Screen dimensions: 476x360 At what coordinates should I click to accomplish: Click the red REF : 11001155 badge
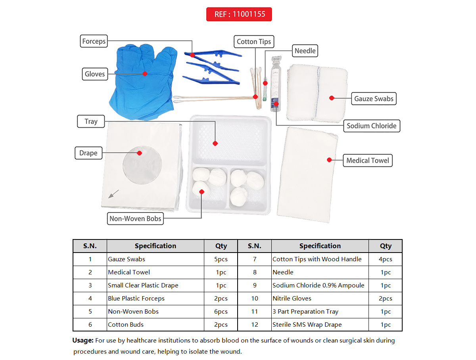pos(239,14)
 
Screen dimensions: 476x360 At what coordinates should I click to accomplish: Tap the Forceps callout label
pos(94,41)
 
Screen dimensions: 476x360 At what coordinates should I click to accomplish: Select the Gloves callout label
pos(95,74)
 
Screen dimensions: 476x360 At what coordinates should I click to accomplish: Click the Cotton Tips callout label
pos(254,41)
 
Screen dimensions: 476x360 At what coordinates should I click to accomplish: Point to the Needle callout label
pos(305,51)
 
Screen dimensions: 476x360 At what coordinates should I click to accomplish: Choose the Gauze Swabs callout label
pos(374,99)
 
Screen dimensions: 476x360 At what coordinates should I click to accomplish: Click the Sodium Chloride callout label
pos(371,126)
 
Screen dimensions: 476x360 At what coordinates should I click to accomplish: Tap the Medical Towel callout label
pos(368,161)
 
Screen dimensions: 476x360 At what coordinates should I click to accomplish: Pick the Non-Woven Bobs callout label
pos(135,218)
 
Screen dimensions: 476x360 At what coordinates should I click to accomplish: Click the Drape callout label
pos(88,153)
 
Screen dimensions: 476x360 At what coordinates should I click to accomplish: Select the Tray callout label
pos(91,121)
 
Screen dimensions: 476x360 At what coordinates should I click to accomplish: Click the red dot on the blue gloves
pos(145,74)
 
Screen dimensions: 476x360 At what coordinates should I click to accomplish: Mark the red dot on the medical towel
pos(329,160)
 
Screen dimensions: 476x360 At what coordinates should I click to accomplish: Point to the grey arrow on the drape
pos(113,194)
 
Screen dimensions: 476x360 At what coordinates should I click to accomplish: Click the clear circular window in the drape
pos(142,165)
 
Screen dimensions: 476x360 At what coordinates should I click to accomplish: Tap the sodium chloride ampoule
pos(276,84)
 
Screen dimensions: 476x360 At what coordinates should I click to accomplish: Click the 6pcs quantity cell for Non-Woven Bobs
pos(221,312)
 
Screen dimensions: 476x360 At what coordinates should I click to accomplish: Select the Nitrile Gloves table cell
pos(292,299)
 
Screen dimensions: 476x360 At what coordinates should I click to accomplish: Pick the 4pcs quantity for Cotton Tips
pos(385,259)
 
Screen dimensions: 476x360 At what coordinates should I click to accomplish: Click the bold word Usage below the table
pos(83,341)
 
